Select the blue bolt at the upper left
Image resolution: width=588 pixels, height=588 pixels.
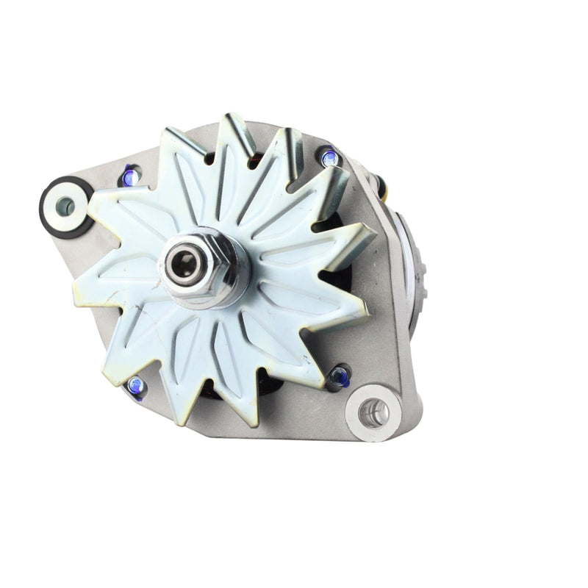132,175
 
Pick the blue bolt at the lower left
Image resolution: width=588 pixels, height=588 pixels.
135,384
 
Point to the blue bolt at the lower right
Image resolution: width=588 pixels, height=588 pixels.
339,376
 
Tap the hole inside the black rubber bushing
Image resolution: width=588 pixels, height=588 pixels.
66,206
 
